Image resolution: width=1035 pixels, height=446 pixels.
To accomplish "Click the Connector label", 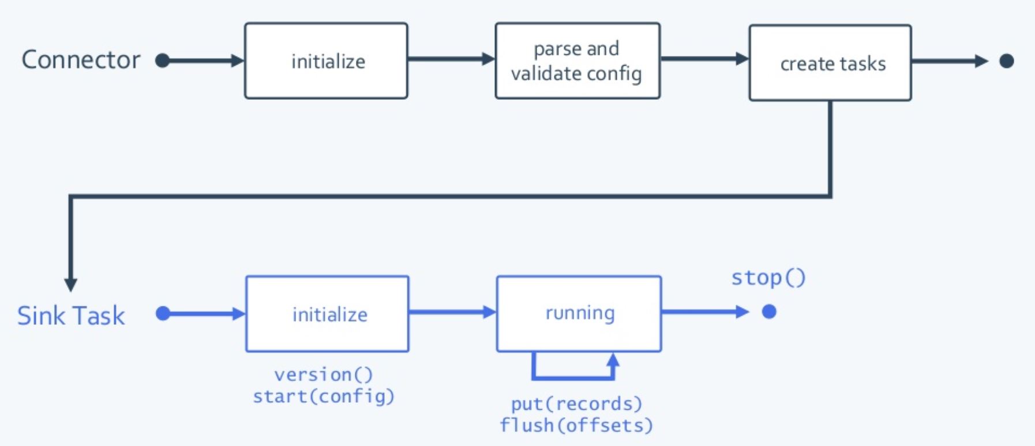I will click(81, 60).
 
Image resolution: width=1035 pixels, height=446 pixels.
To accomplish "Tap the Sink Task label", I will click(71, 316).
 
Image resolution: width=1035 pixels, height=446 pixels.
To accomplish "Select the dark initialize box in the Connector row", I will click(326, 61).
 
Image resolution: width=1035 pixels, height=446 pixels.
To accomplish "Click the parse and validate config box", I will click(577, 61).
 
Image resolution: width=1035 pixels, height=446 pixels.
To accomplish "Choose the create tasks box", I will click(830, 63).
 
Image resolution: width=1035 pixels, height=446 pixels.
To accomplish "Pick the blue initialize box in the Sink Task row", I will click(327, 314).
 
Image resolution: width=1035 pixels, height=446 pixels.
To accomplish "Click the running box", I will click(579, 313).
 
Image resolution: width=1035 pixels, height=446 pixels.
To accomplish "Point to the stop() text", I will click(768, 278).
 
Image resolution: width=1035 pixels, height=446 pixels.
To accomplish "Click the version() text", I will click(324, 375).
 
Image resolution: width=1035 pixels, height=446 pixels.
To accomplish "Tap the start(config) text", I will click(324, 396).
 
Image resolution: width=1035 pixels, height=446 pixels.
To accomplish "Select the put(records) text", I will click(576, 403).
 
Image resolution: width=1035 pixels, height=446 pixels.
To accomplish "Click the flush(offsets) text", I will click(576, 425).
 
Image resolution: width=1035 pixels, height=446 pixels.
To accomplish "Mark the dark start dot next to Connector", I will click(163, 61).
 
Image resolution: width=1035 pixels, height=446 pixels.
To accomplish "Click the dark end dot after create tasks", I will click(1007, 61).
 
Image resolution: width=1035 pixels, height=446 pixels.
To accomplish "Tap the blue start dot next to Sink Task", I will click(163, 313).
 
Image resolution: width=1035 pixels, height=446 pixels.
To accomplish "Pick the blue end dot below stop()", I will click(769, 312).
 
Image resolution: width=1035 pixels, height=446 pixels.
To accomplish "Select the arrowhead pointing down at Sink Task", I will click(70, 284).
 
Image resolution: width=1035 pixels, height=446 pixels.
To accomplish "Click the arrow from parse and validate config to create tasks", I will click(704, 58).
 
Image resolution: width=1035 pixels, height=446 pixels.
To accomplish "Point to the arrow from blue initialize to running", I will click(452, 312).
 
